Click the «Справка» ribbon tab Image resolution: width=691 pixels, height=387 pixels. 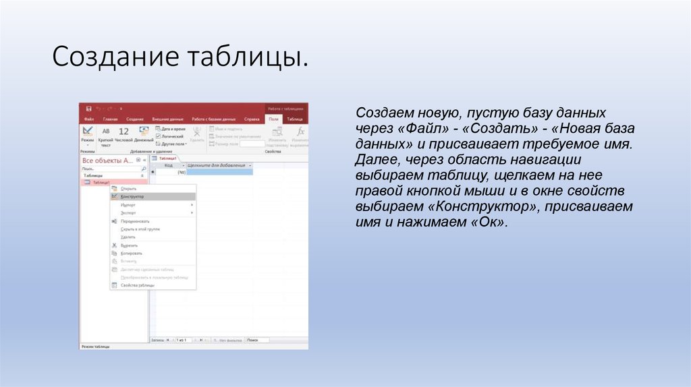[251, 119]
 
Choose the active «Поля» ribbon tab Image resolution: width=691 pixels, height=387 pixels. [273, 119]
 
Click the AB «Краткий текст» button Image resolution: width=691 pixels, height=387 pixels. [106, 134]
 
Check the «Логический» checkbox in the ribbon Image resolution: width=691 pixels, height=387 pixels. [170, 136]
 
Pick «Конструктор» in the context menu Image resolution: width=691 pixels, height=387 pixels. [132, 197]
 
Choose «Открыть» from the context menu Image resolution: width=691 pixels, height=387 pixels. [128, 189]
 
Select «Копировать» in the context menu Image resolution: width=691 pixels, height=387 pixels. [132, 253]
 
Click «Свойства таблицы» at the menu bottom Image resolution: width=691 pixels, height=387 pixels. [138, 285]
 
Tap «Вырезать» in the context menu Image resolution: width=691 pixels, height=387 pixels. [130, 245]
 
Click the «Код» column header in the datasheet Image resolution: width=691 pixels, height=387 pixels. [169, 165]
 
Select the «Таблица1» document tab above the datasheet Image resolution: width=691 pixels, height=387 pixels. [168, 158]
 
